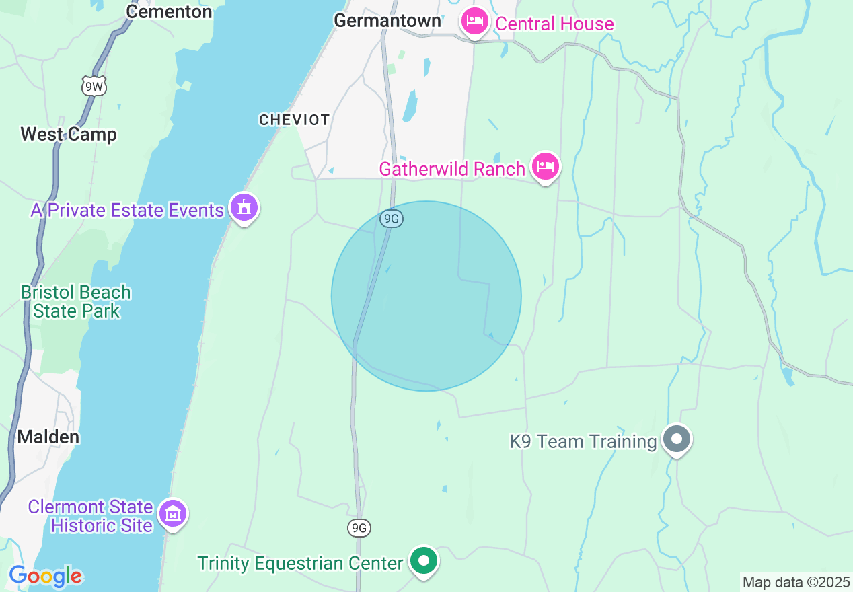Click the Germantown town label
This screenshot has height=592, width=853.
tap(387, 21)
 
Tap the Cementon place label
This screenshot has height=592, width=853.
tap(169, 11)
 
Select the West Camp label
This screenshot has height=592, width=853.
tap(69, 135)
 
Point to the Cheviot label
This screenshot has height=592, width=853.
tap(295, 120)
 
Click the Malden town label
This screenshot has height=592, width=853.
tap(48, 437)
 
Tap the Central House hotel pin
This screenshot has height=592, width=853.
tap(475, 22)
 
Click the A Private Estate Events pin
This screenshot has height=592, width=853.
tap(244, 208)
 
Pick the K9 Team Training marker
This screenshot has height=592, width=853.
tap(677, 439)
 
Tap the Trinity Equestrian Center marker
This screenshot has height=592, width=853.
tap(424, 560)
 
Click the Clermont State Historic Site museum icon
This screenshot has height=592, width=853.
tap(174, 514)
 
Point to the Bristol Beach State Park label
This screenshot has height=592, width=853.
tap(76, 302)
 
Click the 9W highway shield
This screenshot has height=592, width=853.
tap(95, 86)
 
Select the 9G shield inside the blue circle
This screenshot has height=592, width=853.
tap(391, 219)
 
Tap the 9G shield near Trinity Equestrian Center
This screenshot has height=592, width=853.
tap(360, 528)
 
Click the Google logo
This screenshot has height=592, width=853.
tap(46, 577)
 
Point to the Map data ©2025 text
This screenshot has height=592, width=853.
tap(795, 581)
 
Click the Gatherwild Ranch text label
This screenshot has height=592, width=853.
tap(451, 169)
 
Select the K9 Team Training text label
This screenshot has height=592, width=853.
tap(583, 441)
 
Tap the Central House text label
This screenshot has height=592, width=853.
tap(554, 24)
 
